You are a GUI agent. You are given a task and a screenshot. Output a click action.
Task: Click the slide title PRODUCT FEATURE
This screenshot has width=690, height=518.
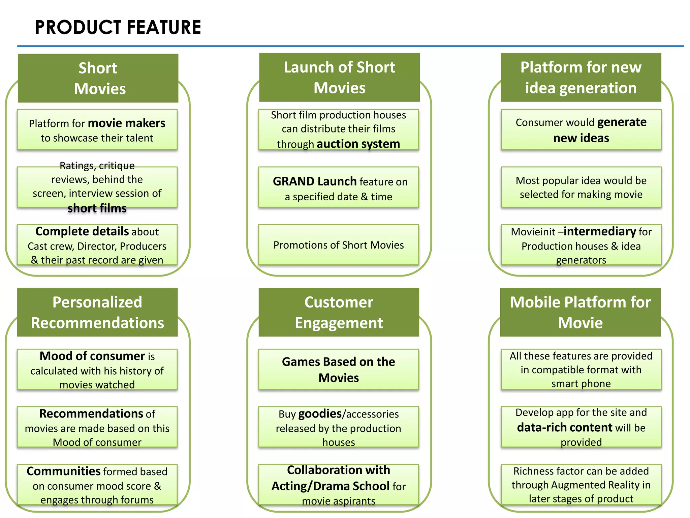118,27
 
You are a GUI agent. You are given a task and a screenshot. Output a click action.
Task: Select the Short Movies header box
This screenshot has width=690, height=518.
98,78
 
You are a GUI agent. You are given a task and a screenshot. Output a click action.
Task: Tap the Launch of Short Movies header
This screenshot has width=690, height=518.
339,78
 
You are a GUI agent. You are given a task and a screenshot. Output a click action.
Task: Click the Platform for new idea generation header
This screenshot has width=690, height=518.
581,78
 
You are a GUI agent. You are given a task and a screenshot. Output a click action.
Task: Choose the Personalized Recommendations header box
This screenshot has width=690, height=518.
97,312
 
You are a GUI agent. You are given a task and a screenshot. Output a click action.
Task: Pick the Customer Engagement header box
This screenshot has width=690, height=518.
339,312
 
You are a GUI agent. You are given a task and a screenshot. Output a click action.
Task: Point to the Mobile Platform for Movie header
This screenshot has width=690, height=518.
580,312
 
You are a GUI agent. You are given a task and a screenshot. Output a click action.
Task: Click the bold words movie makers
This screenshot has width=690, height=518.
126,123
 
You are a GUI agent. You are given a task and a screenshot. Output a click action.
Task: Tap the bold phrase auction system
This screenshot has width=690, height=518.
358,144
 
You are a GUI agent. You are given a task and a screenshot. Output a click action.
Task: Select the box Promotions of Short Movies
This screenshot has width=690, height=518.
339,245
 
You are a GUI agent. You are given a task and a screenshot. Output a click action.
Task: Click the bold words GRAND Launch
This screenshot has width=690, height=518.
314,181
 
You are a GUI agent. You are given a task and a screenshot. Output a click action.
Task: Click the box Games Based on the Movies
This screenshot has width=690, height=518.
339,370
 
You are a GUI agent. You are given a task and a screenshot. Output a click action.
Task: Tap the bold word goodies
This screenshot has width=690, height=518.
320,414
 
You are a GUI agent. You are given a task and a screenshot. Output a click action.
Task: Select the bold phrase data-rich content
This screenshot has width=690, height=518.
565,428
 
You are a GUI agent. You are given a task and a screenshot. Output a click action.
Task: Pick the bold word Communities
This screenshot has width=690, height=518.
64,471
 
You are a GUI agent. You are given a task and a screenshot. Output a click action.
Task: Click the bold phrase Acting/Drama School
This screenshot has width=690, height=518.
331,486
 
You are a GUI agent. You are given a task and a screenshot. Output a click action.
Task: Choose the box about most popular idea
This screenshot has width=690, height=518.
581,187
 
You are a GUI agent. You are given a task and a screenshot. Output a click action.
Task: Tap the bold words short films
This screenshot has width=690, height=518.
97,208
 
